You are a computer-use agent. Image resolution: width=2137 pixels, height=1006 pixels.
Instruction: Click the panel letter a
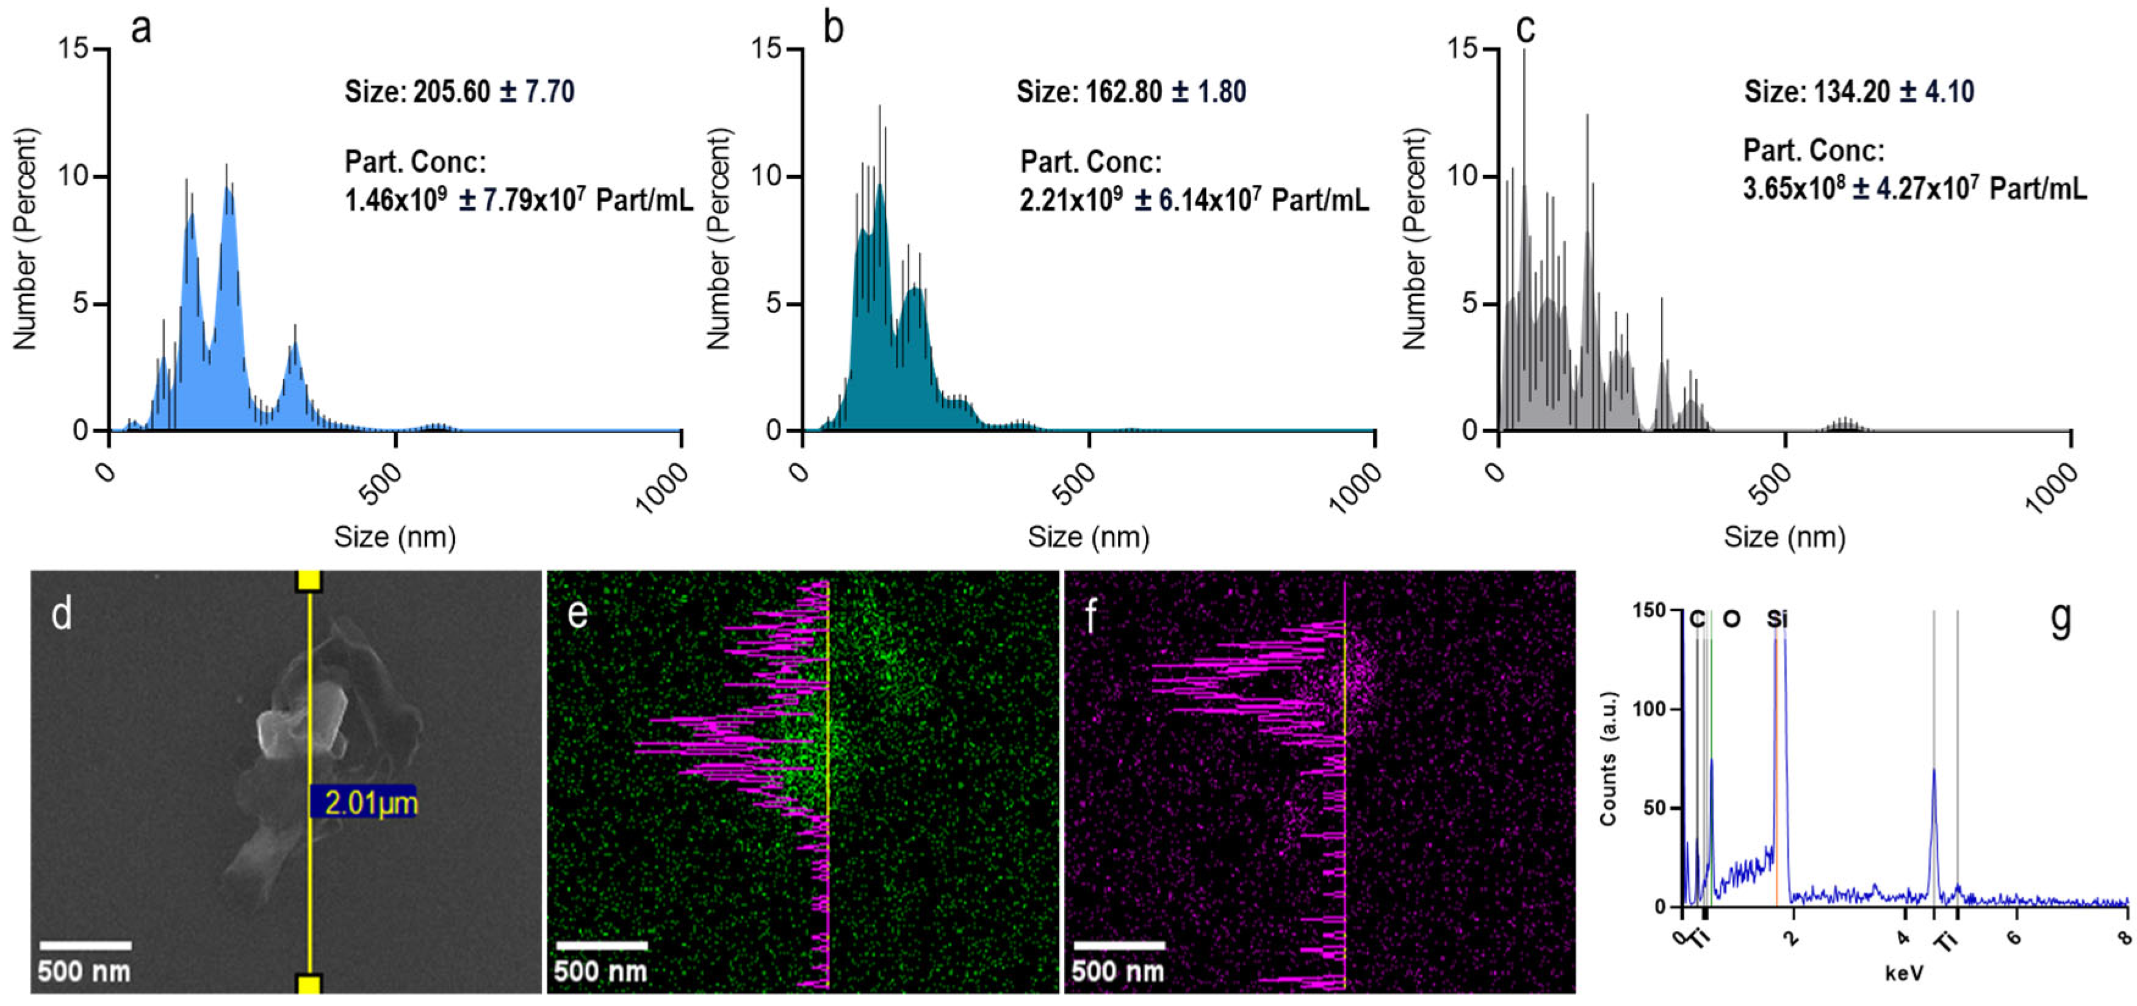pyautogui.click(x=141, y=29)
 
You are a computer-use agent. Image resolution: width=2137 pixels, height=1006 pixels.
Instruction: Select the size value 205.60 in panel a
pyautogui.click(x=452, y=92)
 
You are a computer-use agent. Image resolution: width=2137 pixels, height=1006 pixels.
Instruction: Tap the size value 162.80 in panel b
pyautogui.click(x=1123, y=92)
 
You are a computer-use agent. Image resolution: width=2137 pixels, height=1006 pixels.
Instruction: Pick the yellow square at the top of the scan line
pyautogui.click(x=309, y=581)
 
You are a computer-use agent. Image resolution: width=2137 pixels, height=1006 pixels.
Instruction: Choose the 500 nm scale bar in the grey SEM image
pyautogui.click(x=85, y=946)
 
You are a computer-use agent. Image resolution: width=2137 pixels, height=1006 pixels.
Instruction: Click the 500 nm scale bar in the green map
pyautogui.click(x=602, y=946)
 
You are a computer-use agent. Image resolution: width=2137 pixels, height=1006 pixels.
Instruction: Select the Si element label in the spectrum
pyautogui.click(x=1777, y=619)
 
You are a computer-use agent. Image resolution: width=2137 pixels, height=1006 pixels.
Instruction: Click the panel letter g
pyautogui.click(x=2061, y=618)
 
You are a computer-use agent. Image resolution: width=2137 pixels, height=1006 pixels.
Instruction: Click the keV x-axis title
pyautogui.click(x=1904, y=972)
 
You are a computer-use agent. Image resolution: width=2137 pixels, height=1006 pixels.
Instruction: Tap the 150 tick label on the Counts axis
pyautogui.click(x=1649, y=611)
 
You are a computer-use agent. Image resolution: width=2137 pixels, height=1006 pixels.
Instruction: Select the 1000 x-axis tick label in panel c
pyautogui.click(x=2051, y=490)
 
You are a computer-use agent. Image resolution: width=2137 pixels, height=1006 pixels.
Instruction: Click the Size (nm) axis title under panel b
pyautogui.click(x=1089, y=537)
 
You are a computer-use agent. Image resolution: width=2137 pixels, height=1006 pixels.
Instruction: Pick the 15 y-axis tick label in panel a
pyautogui.click(x=73, y=49)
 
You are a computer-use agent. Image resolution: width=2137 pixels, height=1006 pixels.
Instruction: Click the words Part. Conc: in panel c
pyautogui.click(x=1814, y=151)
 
